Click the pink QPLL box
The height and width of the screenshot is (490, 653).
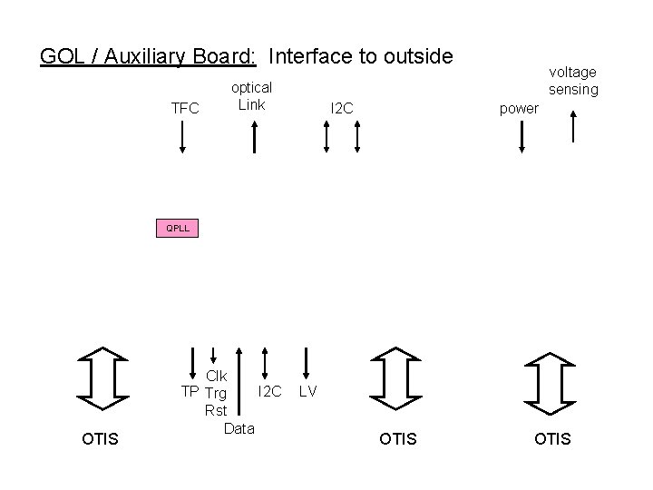[x=177, y=228]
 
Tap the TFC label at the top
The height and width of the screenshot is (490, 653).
[x=185, y=109]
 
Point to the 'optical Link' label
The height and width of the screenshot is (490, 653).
[x=251, y=95]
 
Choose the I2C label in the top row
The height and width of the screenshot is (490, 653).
[x=342, y=109]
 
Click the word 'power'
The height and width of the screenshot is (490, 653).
[x=520, y=109]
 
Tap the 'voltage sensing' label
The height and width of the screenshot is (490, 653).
[x=573, y=80]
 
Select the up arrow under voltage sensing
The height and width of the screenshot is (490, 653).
[x=573, y=126]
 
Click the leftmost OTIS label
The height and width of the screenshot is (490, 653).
[x=100, y=439]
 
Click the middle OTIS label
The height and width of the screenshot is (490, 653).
[x=398, y=439]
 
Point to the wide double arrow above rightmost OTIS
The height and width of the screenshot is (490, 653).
[x=551, y=377]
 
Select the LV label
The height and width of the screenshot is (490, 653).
[x=307, y=391]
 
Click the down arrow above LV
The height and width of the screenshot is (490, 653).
[x=307, y=360]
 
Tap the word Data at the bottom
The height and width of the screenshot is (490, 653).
[x=239, y=427]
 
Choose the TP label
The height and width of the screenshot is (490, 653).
[x=190, y=392]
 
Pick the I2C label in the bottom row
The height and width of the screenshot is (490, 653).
[x=270, y=391]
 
